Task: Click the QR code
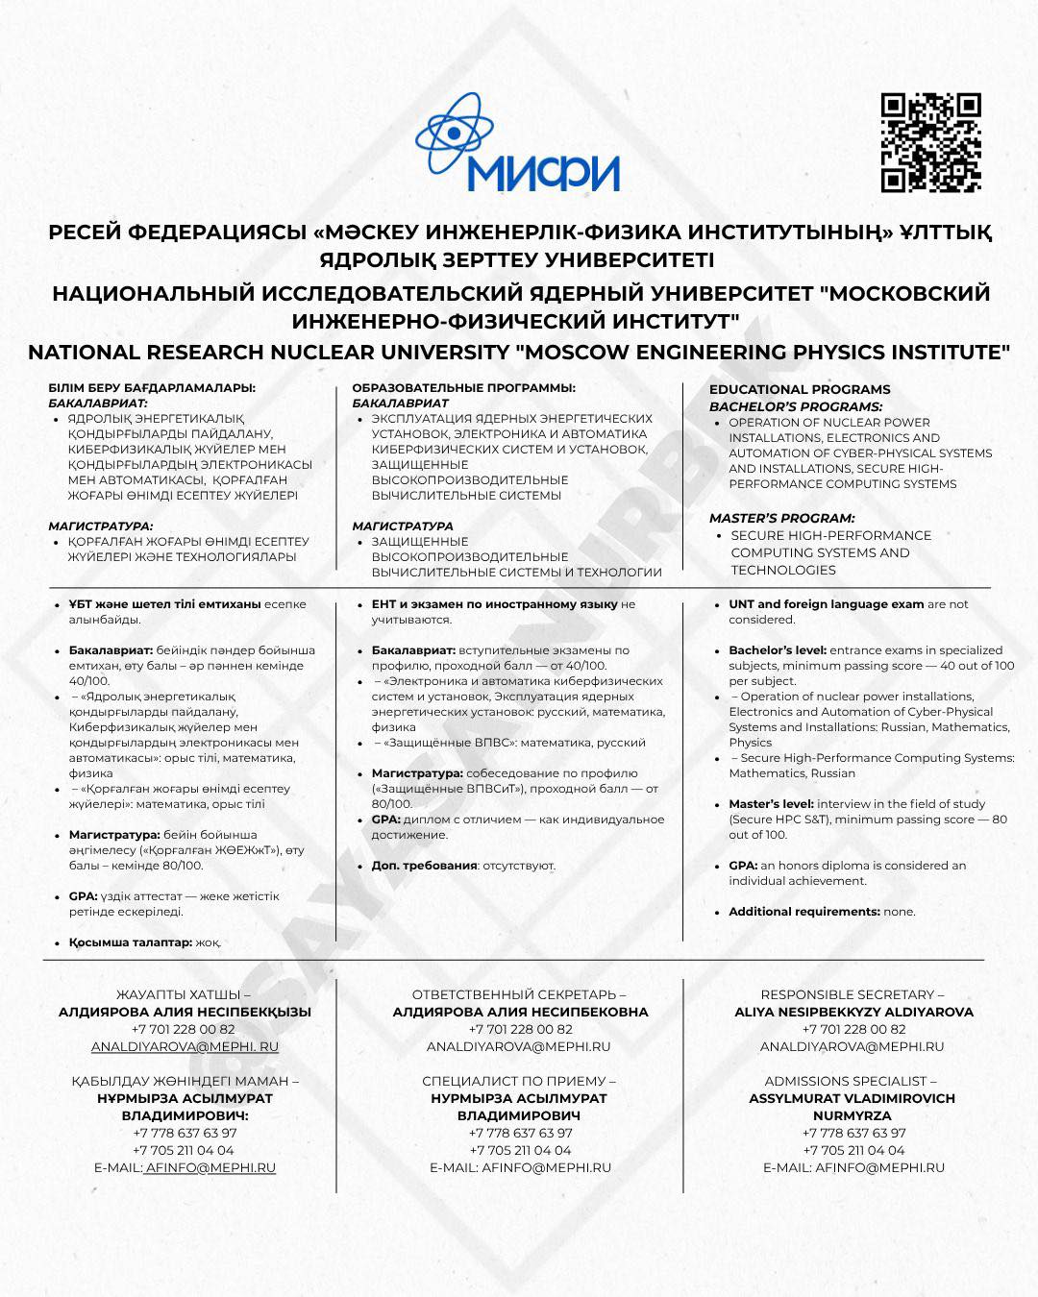point(930,143)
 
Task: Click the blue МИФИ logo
point(519,144)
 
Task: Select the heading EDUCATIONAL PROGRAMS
point(800,389)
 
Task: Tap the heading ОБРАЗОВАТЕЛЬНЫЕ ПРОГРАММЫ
point(463,388)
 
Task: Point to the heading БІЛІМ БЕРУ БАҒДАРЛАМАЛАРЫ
point(152,388)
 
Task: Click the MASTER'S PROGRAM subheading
point(781,518)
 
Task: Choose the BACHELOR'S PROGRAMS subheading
point(796,406)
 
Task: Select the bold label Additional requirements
point(803,912)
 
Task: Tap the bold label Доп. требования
point(424,866)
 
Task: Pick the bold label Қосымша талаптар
point(130,942)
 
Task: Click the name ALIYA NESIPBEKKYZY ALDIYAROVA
point(853,1012)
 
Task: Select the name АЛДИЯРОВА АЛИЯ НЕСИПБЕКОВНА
point(520,1012)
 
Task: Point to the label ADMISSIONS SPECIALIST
point(850,1081)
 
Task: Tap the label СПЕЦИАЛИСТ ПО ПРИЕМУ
point(519,1081)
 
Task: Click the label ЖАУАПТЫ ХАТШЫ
point(183,994)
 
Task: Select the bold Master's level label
point(771,804)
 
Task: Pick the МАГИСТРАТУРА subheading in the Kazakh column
point(100,526)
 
